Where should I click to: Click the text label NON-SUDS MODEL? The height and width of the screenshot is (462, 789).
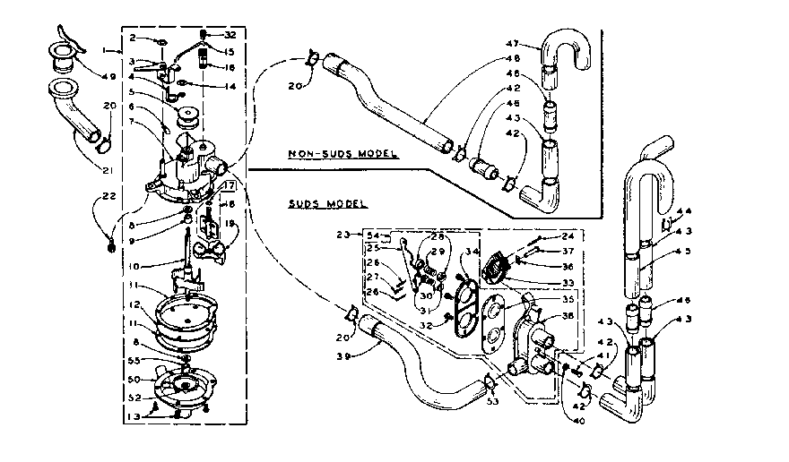(342, 153)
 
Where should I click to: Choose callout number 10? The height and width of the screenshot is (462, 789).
(133, 266)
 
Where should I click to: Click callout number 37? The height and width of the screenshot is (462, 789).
(567, 252)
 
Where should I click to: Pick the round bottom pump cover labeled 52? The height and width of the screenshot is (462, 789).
(186, 386)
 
